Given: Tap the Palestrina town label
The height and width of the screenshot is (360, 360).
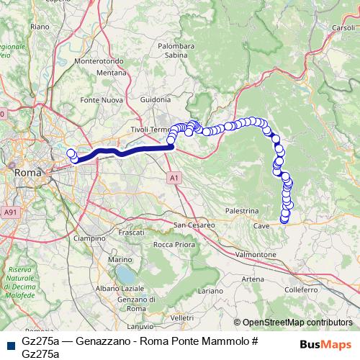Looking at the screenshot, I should [x=241, y=211].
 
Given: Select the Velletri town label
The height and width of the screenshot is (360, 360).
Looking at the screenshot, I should [x=183, y=317].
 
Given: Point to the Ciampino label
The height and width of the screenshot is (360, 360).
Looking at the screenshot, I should [x=90, y=238].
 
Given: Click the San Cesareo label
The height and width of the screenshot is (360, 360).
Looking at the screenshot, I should [x=194, y=225].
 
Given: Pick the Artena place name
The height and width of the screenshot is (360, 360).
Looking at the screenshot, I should [x=253, y=279].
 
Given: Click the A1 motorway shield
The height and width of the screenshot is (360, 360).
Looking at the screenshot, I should [x=175, y=176].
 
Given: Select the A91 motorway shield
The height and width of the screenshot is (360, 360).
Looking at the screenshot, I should [x=9, y=213].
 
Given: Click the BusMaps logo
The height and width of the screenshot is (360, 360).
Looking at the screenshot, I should [x=325, y=343].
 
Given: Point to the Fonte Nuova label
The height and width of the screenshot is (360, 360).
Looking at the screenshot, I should [x=99, y=99].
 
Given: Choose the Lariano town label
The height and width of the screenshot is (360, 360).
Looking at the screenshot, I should [x=211, y=290].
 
